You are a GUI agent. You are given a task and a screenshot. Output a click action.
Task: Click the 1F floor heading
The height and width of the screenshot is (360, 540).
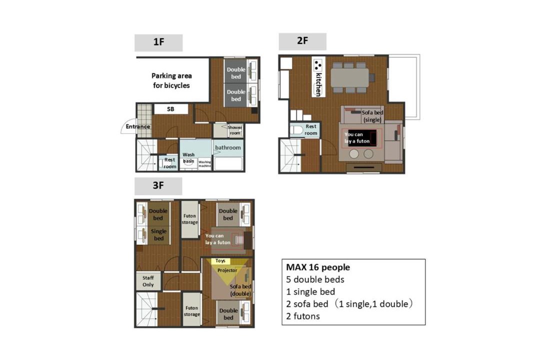click(x=158, y=42)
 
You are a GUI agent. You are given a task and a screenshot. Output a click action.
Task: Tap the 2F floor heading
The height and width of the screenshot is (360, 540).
click(x=302, y=41)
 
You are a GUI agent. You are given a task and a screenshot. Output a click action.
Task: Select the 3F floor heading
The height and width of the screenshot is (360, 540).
click(x=158, y=186)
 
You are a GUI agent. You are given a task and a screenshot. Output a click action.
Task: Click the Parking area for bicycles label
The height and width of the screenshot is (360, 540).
click(x=171, y=80)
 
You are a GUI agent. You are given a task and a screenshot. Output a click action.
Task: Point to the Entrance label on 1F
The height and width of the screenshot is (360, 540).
click(x=138, y=126)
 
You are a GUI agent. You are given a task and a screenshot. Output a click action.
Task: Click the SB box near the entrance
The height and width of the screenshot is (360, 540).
click(x=171, y=109)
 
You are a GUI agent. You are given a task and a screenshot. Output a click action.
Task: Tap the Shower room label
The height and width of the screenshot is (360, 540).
click(x=235, y=130)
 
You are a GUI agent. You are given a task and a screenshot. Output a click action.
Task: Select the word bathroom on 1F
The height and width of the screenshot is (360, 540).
click(x=228, y=147)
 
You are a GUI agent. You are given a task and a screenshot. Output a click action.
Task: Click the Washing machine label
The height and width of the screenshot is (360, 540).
click(x=204, y=164)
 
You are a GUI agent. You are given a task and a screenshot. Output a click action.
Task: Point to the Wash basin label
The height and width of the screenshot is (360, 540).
click(x=188, y=158)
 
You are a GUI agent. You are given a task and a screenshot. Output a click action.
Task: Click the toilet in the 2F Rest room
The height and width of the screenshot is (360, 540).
click(x=296, y=130)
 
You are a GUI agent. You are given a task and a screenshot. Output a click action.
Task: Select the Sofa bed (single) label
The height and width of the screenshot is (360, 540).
click(x=372, y=116)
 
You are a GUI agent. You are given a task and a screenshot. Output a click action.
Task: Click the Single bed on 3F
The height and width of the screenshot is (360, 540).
click(x=159, y=235)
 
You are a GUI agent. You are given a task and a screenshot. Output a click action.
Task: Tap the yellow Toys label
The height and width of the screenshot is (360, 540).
click(x=220, y=261)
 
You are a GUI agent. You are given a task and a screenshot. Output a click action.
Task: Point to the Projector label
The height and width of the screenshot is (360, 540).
click(x=227, y=270)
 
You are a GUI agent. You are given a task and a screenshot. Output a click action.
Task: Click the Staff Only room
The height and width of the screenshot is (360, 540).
click(x=148, y=281)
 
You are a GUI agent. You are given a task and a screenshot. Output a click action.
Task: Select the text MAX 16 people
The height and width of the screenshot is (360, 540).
click(x=318, y=267)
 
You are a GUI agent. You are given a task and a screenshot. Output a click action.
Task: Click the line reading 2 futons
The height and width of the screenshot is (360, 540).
click(x=302, y=316)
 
